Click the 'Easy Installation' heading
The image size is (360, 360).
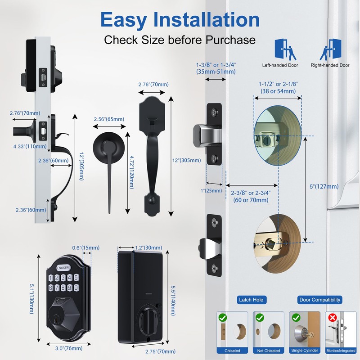pyautogui.click(x=180, y=20)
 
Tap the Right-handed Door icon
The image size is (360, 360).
pyautogui.click(x=329, y=50)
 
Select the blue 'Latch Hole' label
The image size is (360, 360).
pyautogui.click(x=252, y=299)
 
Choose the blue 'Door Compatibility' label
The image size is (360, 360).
pyautogui.click(x=320, y=299)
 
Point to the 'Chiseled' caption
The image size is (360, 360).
pyautogui.click(x=233, y=351)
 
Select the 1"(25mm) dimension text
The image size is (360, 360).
pyautogui.click(x=214, y=191)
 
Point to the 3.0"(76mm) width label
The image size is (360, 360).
pyautogui.click(x=63, y=348)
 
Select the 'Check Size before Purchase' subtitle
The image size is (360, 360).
pyautogui.click(x=180, y=40)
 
